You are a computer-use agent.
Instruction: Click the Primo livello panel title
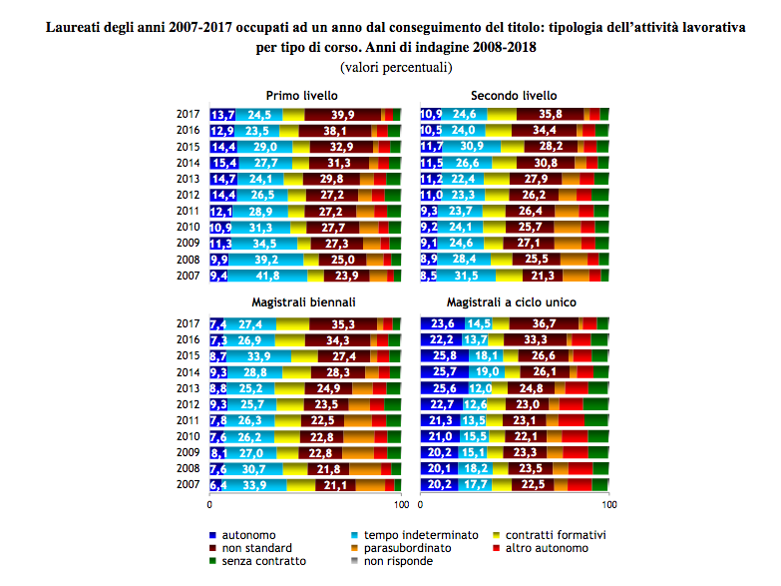pyautogui.click(x=302, y=95)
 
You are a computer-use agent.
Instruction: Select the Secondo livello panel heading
pyautogui.click(x=514, y=95)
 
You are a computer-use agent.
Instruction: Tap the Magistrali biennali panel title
pyautogui.click(x=303, y=302)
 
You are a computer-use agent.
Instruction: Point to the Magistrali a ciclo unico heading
pyautogui.click(x=511, y=302)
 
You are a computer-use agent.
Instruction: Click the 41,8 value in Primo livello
pyautogui.click(x=268, y=276)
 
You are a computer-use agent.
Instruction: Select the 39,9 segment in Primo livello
pyautogui.click(x=343, y=115)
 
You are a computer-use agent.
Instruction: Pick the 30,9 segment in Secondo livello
pyautogui.click(x=472, y=146)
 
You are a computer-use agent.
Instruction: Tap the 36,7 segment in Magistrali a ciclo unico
pyautogui.click(x=544, y=323)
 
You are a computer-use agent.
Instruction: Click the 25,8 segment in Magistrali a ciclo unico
pyautogui.click(x=445, y=355)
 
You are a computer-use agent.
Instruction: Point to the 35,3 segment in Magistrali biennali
pyautogui.click(x=343, y=324)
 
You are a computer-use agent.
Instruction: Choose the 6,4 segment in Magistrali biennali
pyautogui.click(x=215, y=485)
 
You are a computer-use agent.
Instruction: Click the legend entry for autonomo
pyautogui.click(x=242, y=535)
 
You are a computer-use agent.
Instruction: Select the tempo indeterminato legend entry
pyautogui.click(x=415, y=535)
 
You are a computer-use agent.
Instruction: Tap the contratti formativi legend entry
pyautogui.click(x=550, y=535)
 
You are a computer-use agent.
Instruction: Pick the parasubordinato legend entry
pyautogui.click(x=401, y=548)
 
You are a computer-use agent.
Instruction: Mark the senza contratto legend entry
pyautogui.click(x=257, y=561)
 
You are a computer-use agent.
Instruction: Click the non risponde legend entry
pyautogui.click(x=392, y=561)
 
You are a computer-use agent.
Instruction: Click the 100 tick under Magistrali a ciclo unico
pyautogui.click(x=608, y=505)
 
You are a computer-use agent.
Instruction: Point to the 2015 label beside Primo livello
pyautogui.click(x=188, y=147)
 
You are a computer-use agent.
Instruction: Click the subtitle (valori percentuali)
pyautogui.click(x=396, y=67)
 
